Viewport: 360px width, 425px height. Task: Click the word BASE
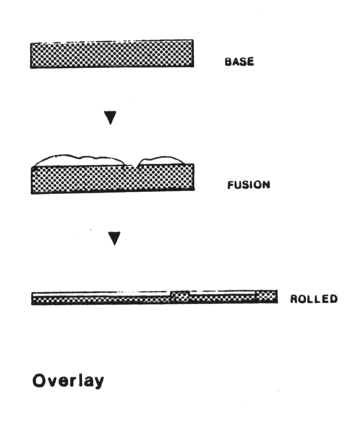[x=239, y=62]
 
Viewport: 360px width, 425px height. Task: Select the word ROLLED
[x=313, y=299]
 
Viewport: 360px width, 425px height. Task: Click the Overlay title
[x=68, y=381]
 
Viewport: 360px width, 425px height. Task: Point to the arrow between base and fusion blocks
[x=110, y=117]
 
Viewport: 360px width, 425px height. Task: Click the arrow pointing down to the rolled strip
[x=115, y=238]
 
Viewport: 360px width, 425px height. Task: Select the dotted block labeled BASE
[x=112, y=54]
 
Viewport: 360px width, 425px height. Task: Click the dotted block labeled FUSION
[x=112, y=178]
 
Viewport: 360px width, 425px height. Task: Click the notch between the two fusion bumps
[x=131, y=164]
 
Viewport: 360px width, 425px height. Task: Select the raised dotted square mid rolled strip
[x=180, y=296]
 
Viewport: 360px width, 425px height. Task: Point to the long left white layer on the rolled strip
[x=101, y=294]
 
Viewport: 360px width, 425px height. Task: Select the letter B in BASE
[x=228, y=62]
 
